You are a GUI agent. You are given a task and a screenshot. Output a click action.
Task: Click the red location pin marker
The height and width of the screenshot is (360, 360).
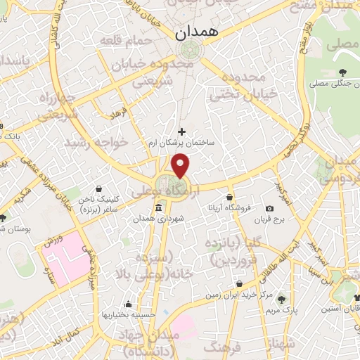(x=181, y=166)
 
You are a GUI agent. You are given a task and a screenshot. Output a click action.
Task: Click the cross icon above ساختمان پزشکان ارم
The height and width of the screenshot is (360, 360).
(x=182, y=131)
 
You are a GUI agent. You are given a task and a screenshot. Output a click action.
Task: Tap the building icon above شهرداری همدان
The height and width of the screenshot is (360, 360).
(x=158, y=208)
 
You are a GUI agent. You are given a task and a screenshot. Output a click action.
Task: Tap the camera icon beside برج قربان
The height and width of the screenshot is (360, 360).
(x=269, y=208)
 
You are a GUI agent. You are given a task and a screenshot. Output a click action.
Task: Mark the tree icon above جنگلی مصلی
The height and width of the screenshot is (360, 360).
(x=342, y=72)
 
